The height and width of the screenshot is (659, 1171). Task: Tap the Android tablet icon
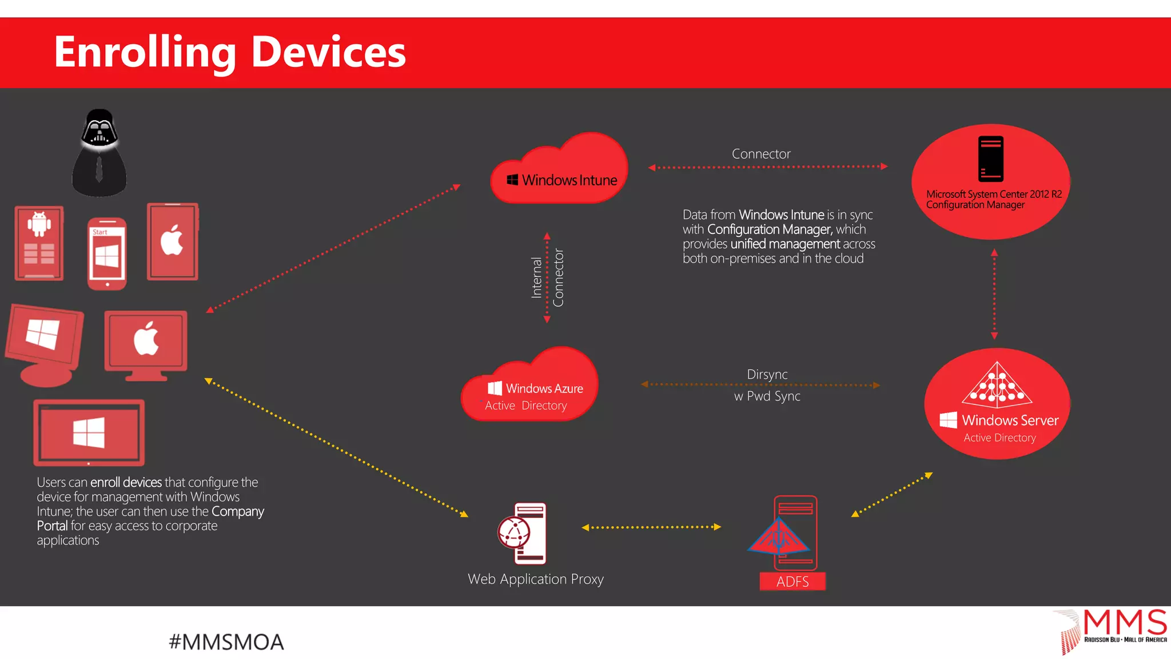tap(39, 243)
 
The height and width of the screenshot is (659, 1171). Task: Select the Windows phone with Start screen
tap(107, 253)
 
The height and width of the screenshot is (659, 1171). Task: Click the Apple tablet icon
tap(173, 241)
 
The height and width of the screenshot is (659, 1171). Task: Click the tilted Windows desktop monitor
tap(44, 343)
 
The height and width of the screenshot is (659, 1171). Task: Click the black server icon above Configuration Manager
tap(990, 159)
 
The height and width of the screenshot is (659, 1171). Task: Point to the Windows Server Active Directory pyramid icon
tap(997, 384)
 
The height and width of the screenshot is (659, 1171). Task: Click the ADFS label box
tap(792, 581)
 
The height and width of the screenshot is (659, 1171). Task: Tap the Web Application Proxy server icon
tap(522, 533)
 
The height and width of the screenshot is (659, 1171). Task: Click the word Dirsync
tap(767, 374)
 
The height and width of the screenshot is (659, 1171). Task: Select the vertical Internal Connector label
tap(547, 278)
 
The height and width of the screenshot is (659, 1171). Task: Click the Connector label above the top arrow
tap(761, 154)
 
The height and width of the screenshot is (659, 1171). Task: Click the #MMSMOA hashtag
tap(226, 642)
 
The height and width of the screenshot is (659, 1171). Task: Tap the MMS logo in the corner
tap(1112, 629)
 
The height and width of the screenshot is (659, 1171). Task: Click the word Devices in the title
tap(328, 52)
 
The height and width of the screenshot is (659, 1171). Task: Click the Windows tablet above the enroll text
tap(89, 432)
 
